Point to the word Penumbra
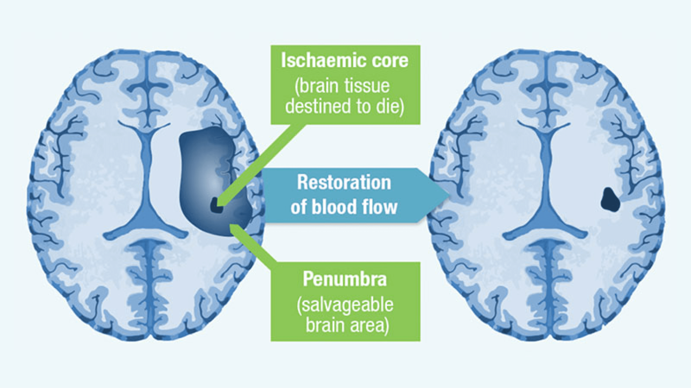(x=345, y=279)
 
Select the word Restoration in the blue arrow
(x=344, y=182)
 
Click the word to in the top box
(x=361, y=106)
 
